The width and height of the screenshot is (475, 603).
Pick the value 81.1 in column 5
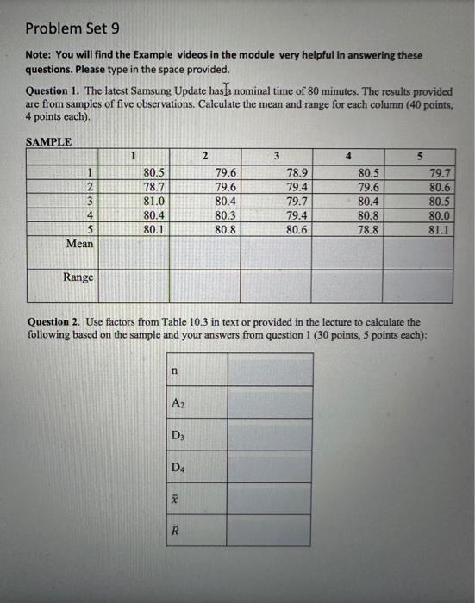pyautogui.click(x=439, y=230)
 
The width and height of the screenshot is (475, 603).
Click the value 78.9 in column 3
pyautogui.click(x=298, y=172)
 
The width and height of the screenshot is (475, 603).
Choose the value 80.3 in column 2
pyautogui.click(x=226, y=214)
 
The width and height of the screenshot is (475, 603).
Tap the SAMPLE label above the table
pyautogui.click(x=48, y=141)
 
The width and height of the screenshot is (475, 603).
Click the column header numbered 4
pyautogui.click(x=347, y=156)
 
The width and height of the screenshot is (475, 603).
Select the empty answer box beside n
pyautogui.click(x=269, y=370)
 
